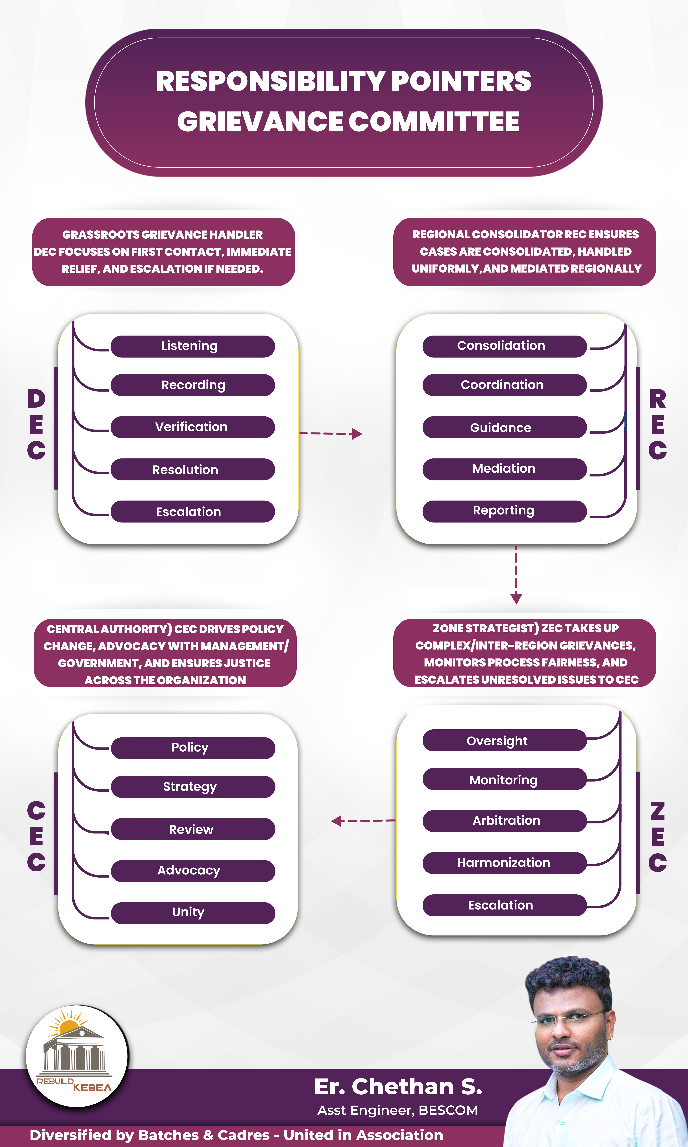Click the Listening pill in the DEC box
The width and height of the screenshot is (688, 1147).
pos(192,346)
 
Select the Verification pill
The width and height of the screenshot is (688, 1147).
pos(192,427)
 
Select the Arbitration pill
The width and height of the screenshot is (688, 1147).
pos(504,821)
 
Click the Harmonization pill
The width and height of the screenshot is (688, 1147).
pos(504,863)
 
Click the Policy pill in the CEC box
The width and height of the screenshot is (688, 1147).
pos(193,748)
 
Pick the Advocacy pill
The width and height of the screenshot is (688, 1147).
pos(193,871)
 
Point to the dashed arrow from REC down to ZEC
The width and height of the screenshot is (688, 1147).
pos(516,575)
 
